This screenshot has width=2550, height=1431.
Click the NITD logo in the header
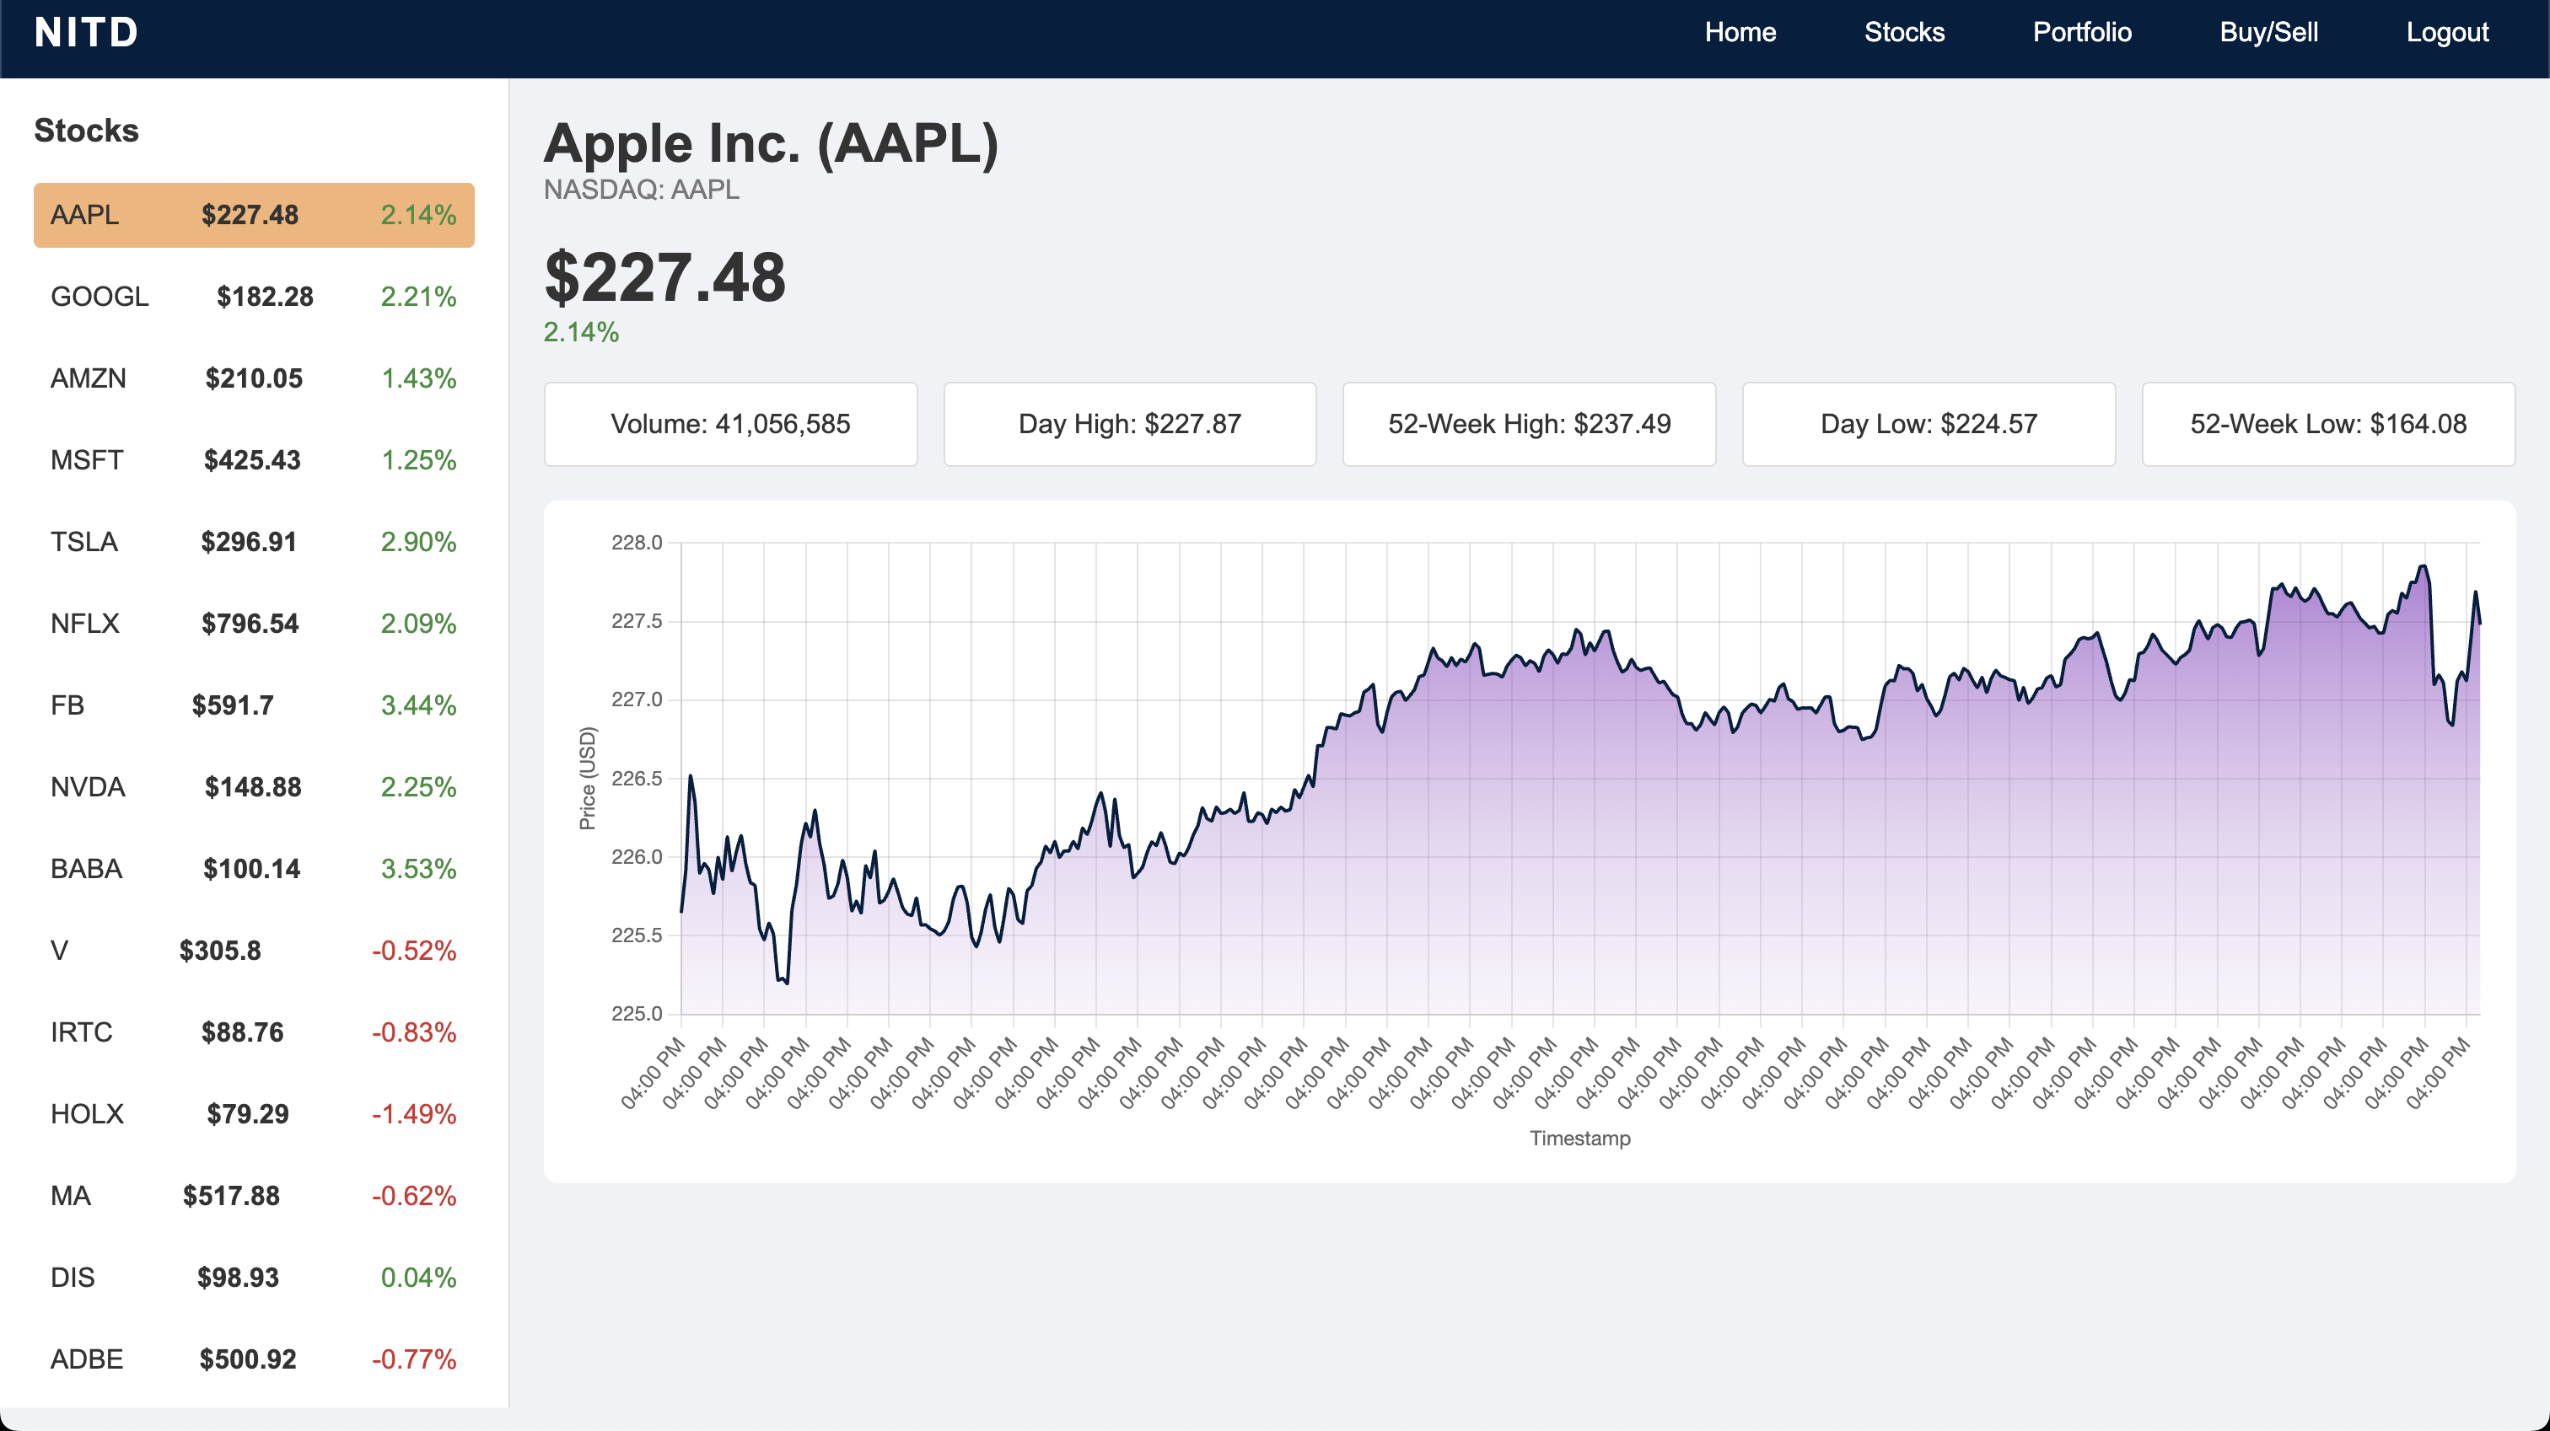tap(86, 33)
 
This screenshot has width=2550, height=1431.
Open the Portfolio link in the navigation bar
tap(2082, 33)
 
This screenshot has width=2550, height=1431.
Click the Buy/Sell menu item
tap(2268, 33)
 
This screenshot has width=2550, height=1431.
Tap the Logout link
tap(2446, 33)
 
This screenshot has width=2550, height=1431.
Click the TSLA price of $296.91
tap(249, 543)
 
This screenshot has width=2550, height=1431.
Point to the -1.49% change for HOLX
tap(414, 1114)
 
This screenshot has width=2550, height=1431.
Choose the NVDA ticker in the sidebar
tap(88, 788)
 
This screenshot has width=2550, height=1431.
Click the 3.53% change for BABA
tap(417, 869)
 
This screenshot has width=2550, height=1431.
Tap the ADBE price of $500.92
tap(247, 1359)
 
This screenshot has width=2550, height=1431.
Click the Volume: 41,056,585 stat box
tap(730, 425)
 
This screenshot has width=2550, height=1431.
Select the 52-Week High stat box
tap(1529, 425)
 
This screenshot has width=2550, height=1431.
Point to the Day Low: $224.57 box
tap(1929, 425)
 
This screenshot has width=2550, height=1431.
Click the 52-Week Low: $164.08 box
tap(2328, 425)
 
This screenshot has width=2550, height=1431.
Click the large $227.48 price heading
tap(665, 278)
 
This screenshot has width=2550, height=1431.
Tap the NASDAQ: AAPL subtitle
tap(642, 190)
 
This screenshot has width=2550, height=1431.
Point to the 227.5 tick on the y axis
tap(637, 621)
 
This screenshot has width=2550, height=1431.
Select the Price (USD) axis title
tap(588, 779)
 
